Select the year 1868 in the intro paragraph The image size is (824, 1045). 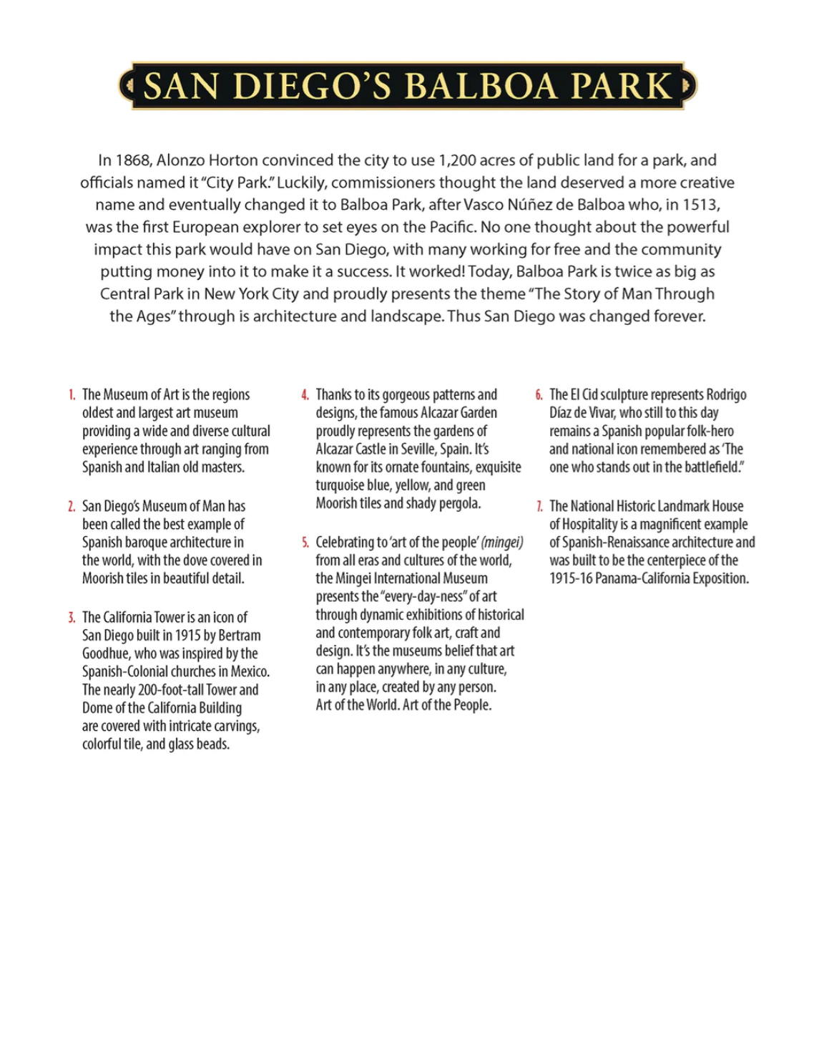pos(134,160)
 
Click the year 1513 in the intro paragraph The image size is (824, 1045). pos(701,205)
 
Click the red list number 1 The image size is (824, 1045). pos(72,395)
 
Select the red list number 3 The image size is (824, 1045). pos(72,618)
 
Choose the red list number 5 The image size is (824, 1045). pos(305,543)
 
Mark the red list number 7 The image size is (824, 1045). pos(539,507)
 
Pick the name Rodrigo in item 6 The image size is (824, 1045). pos(727,395)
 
